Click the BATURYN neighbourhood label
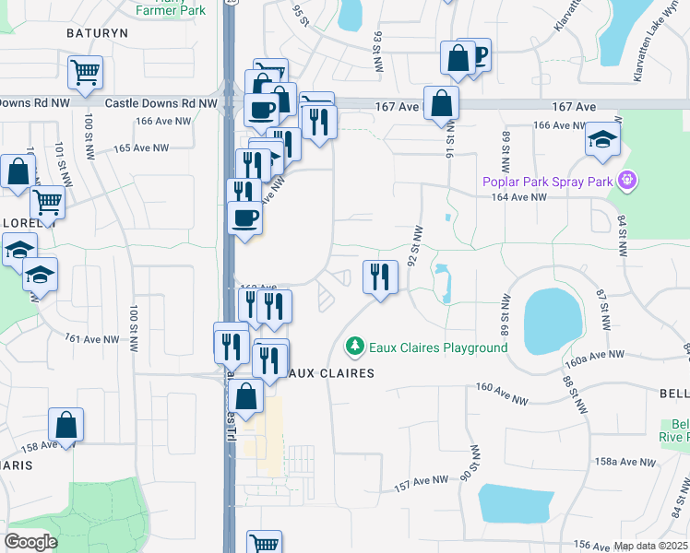(x=97, y=32)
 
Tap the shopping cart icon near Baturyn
(x=85, y=71)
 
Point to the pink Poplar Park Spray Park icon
(x=627, y=180)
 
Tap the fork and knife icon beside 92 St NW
(x=380, y=276)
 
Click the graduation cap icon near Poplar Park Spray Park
(x=602, y=139)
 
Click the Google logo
(x=30, y=541)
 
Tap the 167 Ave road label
(x=397, y=107)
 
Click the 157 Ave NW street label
(x=421, y=483)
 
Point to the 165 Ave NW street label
(x=141, y=147)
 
